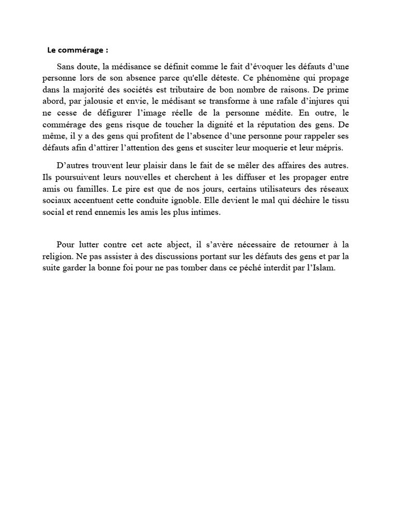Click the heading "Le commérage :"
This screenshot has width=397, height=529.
click(x=78, y=50)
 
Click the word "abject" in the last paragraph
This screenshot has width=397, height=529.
click(x=164, y=245)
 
